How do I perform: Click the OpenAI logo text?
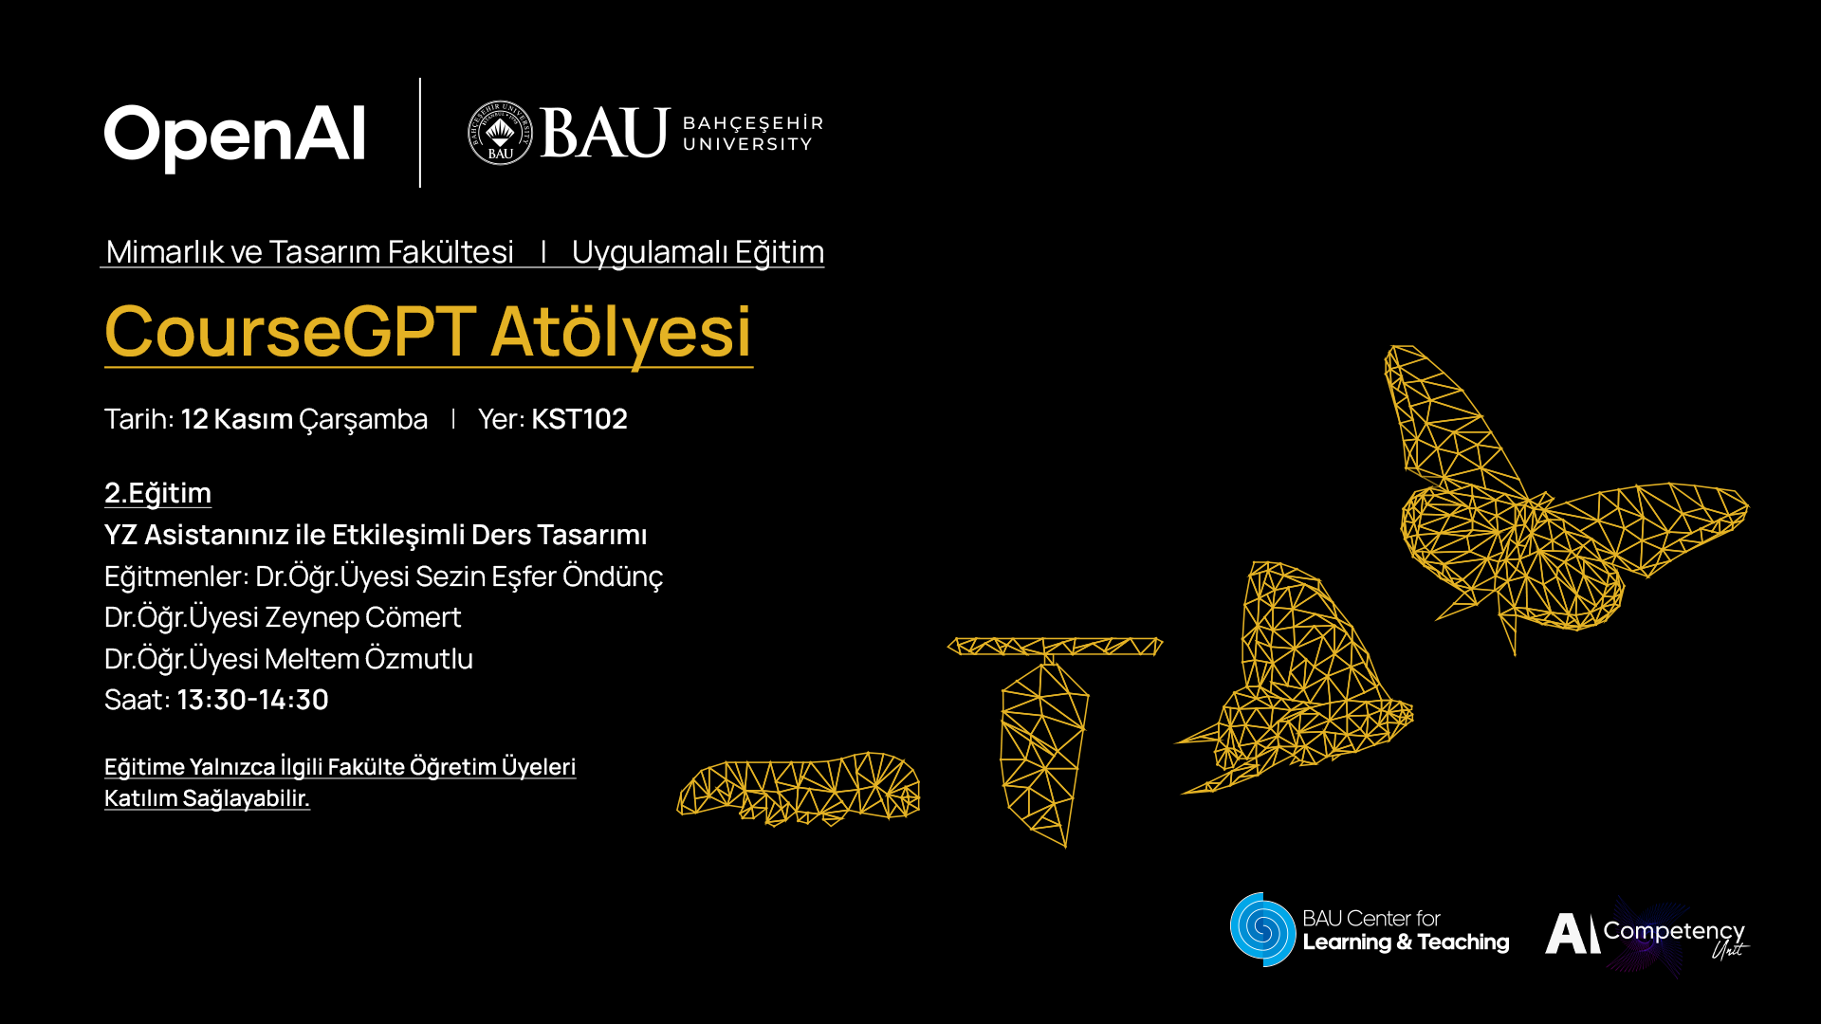point(234,137)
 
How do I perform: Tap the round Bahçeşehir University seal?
point(500,133)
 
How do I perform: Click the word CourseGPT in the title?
point(290,332)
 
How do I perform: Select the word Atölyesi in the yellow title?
point(621,332)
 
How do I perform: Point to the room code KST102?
point(579,419)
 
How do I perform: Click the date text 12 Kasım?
point(236,419)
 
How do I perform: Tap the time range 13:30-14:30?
point(252,700)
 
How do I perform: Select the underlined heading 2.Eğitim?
point(157,493)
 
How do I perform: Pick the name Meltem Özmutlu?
point(368,659)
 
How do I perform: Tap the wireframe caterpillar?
point(799,789)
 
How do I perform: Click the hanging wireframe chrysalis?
point(1044,749)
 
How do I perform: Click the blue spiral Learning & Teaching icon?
point(1262,929)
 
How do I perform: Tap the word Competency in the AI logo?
point(1674,932)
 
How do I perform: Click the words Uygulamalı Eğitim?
point(698,252)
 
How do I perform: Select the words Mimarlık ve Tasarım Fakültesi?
point(310,252)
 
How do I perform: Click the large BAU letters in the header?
point(605,133)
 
